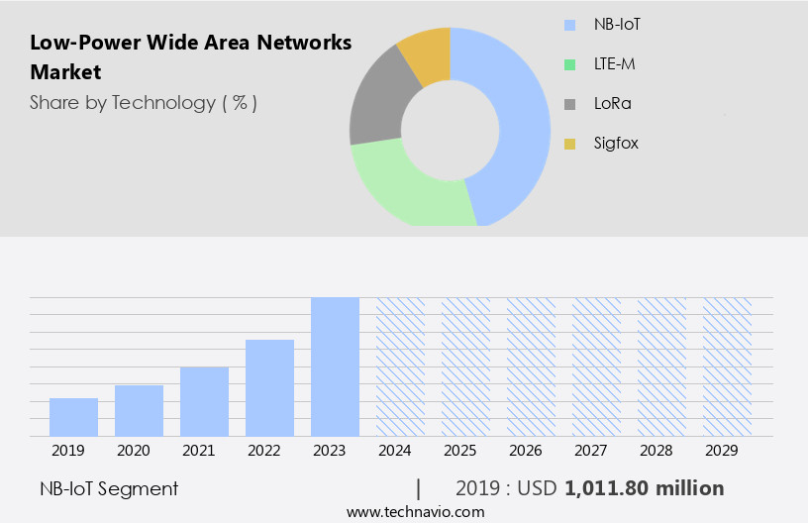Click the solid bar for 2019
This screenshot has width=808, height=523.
pos(73,416)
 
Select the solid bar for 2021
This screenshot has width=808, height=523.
pos(204,401)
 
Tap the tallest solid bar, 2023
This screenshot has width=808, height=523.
pos(335,366)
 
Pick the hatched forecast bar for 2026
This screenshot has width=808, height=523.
pos(531,366)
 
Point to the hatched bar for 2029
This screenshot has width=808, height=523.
pos(727,366)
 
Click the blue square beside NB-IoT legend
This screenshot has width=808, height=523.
pos(569,24)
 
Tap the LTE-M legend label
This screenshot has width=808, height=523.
pos(615,63)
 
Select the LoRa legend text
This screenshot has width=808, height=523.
pos(612,103)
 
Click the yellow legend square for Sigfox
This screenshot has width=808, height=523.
pos(569,144)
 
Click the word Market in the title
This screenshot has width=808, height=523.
pos(65,72)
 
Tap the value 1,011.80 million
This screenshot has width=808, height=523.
pos(645,488)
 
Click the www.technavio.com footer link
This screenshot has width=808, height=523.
pos(415,511)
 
